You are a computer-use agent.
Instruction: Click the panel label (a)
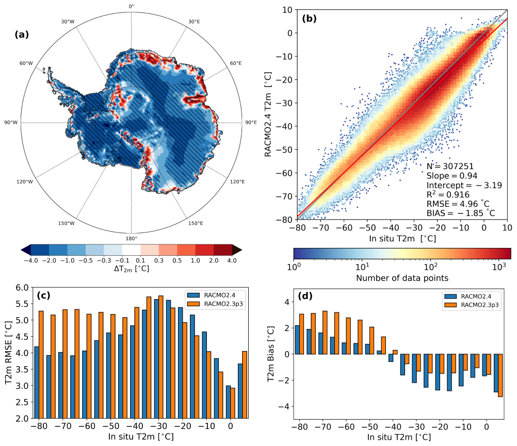[23, 35]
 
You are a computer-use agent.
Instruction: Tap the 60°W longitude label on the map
[26, 63]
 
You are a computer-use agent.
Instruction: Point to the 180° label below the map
[131, 238]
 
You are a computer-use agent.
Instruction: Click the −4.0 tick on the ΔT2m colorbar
[31, 261]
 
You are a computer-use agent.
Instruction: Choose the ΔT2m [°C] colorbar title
[131, 270]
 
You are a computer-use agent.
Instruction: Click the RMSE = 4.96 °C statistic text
[460, 203]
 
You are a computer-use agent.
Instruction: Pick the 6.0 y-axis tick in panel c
[23, 288]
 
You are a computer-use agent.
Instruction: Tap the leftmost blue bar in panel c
[36, 382]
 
